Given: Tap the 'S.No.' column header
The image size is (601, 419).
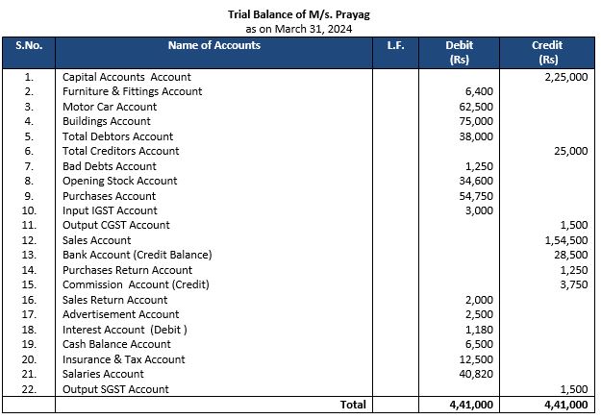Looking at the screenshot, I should point(29,45).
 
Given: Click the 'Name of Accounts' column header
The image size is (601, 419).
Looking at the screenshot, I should point(213,45).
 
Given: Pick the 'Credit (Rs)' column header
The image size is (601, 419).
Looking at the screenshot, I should point(547,52).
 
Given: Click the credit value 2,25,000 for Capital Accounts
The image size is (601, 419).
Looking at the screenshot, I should point(565,76).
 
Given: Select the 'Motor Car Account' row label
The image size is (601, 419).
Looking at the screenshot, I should point(109,106).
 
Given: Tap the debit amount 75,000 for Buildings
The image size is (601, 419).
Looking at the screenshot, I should point(477,121).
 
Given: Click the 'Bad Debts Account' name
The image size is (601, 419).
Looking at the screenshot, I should point(109,165).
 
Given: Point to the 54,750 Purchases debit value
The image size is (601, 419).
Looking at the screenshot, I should point(477,195).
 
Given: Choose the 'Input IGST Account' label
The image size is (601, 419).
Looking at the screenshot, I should point(110,210).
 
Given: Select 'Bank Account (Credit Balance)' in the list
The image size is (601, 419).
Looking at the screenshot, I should point(137,255).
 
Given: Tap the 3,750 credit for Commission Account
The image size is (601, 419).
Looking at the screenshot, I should point(573,284).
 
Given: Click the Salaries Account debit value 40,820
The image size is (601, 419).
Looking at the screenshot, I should point(477,374).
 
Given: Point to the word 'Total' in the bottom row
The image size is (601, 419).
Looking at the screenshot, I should point(353,405).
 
